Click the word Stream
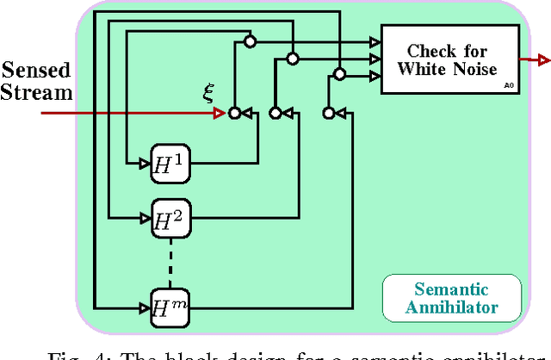[37, 91]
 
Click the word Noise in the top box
[474, 69]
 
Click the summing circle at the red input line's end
[232, 113]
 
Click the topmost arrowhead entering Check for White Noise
[375, 40]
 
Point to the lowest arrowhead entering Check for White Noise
[375, 76]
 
